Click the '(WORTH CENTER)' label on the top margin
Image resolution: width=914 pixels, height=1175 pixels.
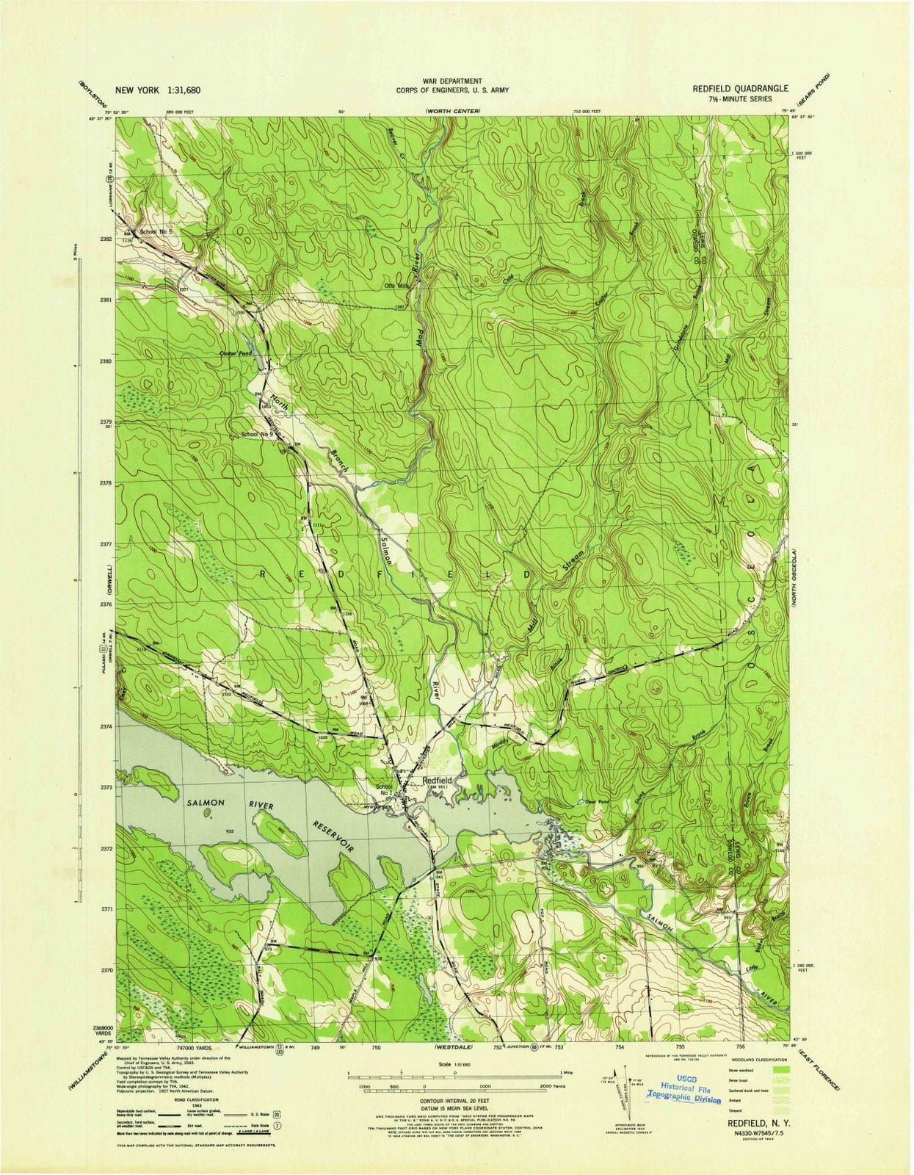tap(451, 111)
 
